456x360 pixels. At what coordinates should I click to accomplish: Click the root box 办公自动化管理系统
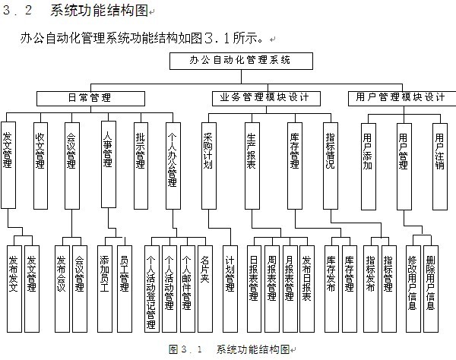click(x=241, y=61)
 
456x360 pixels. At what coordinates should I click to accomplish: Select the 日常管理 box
click(x=90, y=99)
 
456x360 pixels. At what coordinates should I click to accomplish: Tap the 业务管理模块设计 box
click(x=266, y=99)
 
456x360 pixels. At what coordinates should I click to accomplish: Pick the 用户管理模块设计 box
click(x=402, y=99)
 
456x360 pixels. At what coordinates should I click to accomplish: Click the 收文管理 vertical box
click(x=40, y=166)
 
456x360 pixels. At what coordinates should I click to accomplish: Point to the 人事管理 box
click(x=109, y=165)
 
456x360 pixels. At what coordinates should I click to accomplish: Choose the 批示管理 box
click(x=141, y=166)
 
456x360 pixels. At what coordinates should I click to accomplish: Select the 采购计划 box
click(x=209, y=166)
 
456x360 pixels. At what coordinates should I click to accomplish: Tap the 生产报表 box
click(x=252, y=166)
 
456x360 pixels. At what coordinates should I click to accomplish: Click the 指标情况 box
click(x=331, y=166)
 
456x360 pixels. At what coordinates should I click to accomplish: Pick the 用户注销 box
click(x=440, y=166)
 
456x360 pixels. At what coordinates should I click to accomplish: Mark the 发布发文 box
click(x=14, y=289)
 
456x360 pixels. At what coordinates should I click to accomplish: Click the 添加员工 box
click(x=105, y=289)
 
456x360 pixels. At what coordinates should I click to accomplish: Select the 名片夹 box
click(x=205, y=289)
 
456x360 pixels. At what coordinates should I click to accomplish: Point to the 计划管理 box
click(x=230, y=289)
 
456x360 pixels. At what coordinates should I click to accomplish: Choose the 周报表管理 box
click(x=272, y=289)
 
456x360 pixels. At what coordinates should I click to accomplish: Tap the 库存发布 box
click(x=331, y=289)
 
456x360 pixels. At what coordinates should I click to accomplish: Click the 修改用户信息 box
click(x=413, y=289)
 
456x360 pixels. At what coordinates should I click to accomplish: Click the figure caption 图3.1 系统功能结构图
click(x=230, y=349)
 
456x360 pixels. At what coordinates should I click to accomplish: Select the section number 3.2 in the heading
click(x=17, y=11)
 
